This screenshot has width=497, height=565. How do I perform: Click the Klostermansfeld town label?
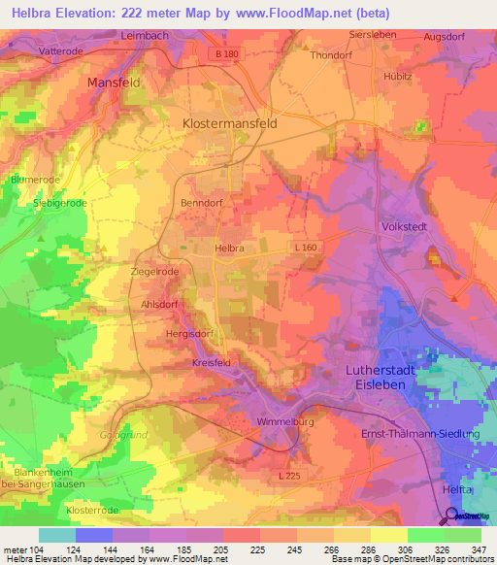(x=229, y=124)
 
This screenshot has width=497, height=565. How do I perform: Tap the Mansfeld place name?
(x=116, y=83)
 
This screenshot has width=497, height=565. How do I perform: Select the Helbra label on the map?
(x=228, y=249)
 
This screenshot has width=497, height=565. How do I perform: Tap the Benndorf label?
(x=203, y=203)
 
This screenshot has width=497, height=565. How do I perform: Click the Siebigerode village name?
(x=61, y=203)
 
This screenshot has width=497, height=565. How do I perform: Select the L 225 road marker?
(x=289, y=476)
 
